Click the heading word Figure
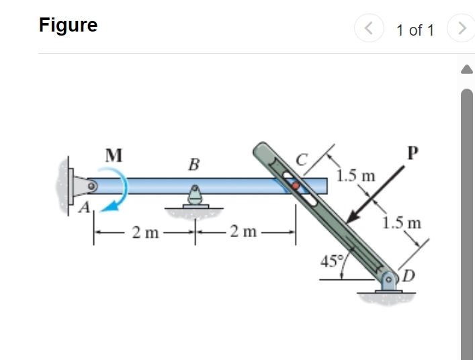coord(68,25)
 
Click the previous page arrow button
coord(368,29)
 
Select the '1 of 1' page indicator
coord(415,30)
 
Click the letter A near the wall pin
coord(84,208)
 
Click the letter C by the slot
coord(302,160)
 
